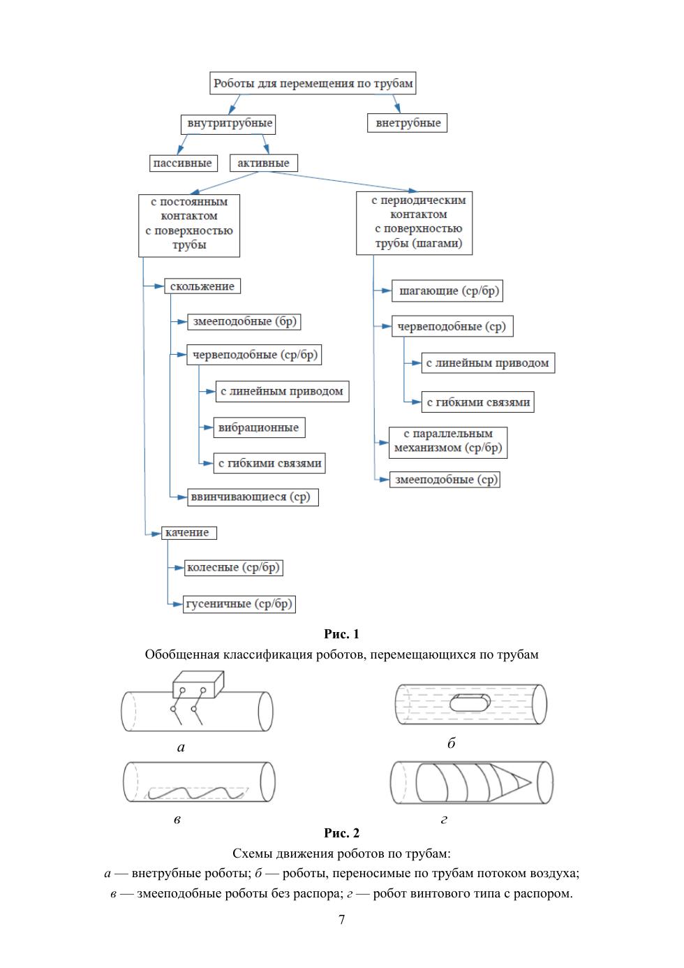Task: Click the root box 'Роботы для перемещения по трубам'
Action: coord(313,83)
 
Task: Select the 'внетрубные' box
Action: coord(407,123)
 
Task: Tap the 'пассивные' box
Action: coord(183,163)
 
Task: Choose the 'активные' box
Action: coord(263,163)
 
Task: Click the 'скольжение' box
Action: coord(202,286)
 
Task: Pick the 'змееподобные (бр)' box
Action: coord(244,321)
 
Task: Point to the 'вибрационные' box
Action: coord(259,427)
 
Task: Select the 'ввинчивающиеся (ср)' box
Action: coord(253,497)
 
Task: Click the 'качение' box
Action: coord(188,533)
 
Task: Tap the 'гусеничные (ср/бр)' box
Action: coord(239,603)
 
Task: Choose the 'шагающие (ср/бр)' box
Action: coord(447,291)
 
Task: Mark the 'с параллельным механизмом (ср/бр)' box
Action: coord(448,443)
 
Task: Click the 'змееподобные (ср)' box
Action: coord(445,479)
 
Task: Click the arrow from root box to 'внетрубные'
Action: coord(396,103)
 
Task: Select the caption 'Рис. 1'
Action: coord(341,634)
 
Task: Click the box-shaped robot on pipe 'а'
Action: coord(198,684)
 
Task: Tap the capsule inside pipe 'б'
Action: coord(470,702)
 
